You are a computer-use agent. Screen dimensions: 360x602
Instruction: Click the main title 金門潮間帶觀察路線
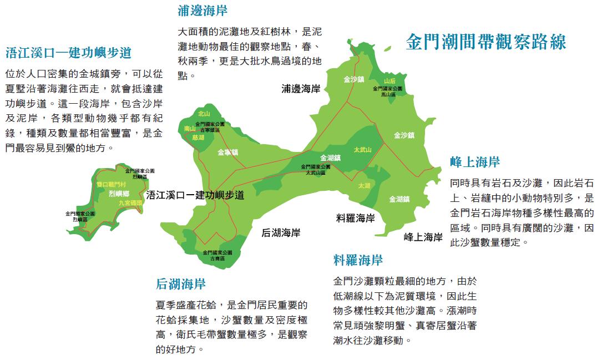(x=486, y=42)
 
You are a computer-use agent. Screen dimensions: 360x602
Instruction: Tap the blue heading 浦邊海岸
(x=203, y=10)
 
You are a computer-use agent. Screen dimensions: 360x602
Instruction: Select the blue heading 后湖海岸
(x=181, y=284)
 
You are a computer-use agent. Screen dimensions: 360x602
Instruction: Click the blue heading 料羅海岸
(x=358, y=259)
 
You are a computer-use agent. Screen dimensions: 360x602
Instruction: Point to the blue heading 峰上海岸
(x=475, y=161)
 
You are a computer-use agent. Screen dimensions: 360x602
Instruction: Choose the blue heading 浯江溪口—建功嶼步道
(x=68, y=53)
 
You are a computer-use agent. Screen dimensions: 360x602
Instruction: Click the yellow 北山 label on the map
(x=204, y=113)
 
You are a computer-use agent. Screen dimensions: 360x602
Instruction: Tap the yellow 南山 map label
(x=190, y=129)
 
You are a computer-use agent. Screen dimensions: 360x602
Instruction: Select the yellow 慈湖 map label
(x=198, y=137)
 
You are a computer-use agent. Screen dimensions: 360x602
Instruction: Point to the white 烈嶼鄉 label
(x=119, y=194)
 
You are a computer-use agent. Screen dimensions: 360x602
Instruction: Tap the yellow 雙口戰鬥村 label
(x=112, y=184)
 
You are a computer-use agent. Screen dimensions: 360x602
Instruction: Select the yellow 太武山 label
(x=362, y=150)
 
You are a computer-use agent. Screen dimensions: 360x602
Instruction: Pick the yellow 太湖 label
(x=364, y=185)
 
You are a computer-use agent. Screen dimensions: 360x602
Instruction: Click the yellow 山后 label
(x=389, y=81)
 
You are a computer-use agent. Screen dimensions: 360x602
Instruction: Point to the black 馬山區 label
(x=388, y=95)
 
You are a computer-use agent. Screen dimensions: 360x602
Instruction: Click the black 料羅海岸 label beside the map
(x=356, y=218)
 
